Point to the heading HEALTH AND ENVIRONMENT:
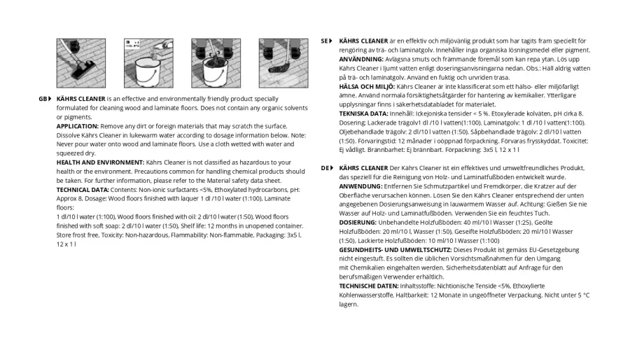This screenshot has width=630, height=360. pos(100,162)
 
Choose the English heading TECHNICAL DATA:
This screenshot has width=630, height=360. pos(83,190)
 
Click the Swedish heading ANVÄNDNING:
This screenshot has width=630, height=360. pos(361,60)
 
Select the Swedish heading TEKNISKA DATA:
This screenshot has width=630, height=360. pos(363,113)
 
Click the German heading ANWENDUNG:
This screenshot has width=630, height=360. pos(360,186)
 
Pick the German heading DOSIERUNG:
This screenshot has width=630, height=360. pos(358,223)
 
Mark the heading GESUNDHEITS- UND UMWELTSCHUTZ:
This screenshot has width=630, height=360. pos(395,250)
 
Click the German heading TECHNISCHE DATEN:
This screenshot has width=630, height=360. pos(369,286)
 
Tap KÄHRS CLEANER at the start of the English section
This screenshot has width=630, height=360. pos(81,99)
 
